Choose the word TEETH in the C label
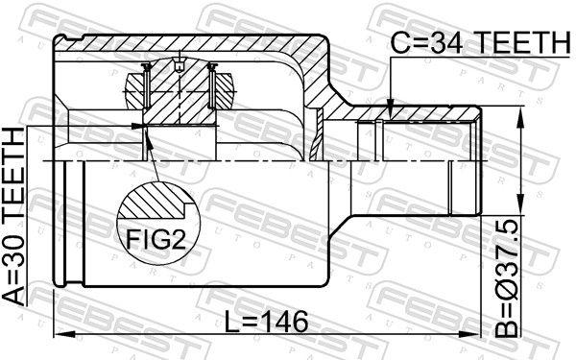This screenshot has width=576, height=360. [x=516, y=43]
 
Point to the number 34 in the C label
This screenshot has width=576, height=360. [x=442, y=43]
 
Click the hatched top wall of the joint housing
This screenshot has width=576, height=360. [x=192, y=44]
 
